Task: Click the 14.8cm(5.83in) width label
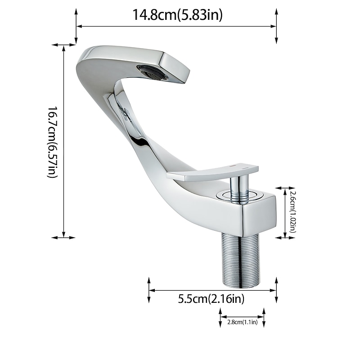pyautogui.click(x=177, y=15)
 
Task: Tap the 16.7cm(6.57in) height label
pyautogui.click(x=53, y=142)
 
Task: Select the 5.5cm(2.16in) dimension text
pyautogui.click(x=211, y=299)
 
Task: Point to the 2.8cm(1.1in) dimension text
pyautogui.click(x=242, y=322)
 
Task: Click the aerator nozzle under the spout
pyautogui.click(x=152, y=72)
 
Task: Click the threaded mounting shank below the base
pyautogui.click(x=240, y=261)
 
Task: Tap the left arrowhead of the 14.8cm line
pyautogui.click(x=78, y=26)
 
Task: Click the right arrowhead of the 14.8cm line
pyautogui.click(x=274, y=26)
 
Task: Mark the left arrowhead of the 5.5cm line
pyautogui.click(x=151, y=290)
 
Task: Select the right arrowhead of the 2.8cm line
pyautogui.click(x=262, y=317)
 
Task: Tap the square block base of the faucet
pyautogui.click(x=252, y=211)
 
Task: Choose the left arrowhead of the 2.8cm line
pyautogui.click(x=222, y=317)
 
